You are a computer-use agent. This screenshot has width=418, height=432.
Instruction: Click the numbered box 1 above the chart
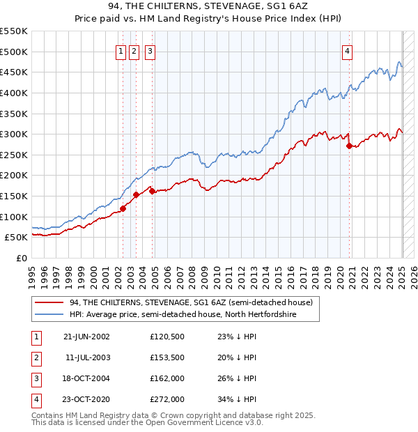121,50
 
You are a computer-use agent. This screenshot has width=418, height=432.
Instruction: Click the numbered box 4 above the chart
347,50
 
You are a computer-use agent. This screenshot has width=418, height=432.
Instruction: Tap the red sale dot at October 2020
350,146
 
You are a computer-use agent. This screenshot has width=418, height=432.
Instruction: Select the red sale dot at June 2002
123,208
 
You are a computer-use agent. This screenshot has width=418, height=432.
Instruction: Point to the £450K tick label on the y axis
14,72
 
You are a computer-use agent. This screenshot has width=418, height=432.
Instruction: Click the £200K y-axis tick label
14,175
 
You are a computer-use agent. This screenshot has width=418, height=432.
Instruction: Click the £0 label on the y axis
22,258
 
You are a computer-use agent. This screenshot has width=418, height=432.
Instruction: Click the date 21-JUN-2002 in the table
86,337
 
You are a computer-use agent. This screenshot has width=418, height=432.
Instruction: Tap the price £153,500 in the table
167,357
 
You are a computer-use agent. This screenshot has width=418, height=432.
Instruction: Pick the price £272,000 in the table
167,399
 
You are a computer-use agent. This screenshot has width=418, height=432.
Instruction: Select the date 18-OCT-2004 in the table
86,378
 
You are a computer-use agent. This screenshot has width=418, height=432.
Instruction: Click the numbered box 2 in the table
35,357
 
